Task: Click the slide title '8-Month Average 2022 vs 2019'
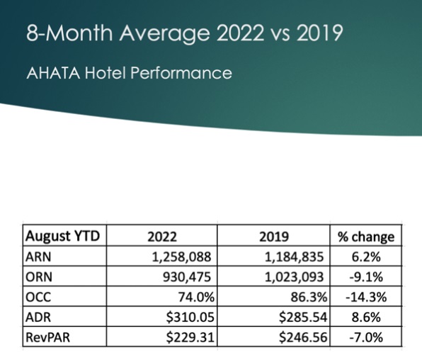click(185, 33)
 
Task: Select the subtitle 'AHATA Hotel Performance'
click(129, 73)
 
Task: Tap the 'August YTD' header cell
click(63, 236)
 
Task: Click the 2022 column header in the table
click(162, 237)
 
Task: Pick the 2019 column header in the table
click(274, 237)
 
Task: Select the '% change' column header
click(366, 237)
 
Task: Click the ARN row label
click(38, 257)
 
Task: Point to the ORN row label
click(39, 277)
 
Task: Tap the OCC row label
click(38, 297)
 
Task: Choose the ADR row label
click(38, 317)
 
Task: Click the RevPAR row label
click(47, 337)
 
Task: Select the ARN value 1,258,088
click(181, 257)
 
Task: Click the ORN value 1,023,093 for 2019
click(294, 277)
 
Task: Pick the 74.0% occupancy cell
click(196, 297)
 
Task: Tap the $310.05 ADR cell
click(190, 317)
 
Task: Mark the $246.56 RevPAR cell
click(303, 337)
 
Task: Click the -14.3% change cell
click(366, 297)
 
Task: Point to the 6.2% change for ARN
click(366, 257)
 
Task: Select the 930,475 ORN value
click(187, 277)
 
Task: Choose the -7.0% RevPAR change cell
click(366, 337)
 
